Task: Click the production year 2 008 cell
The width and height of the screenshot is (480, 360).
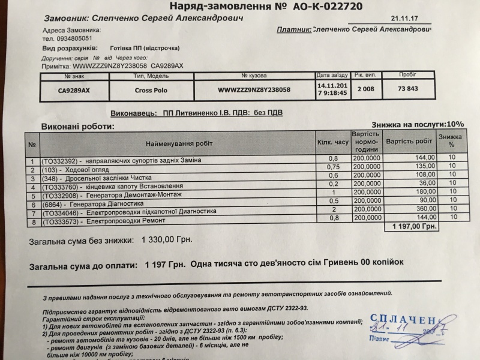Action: pos(364,89)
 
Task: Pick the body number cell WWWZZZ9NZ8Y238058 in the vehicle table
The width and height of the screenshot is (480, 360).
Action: pos(254,89)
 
